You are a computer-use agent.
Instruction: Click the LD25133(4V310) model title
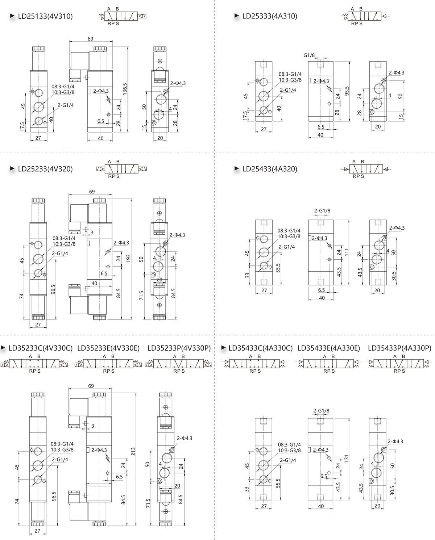pos(45,16)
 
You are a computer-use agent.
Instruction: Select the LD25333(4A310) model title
pos(270,16)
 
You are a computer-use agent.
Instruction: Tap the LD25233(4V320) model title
pos(45,169)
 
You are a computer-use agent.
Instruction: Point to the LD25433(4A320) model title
pos(270,169)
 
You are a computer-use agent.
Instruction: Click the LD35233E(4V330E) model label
pos(108,348)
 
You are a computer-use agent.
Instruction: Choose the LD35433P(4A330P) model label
pos(399,348)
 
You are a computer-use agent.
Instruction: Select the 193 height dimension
pos(128,258)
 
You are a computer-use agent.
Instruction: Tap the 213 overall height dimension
pos(133,451)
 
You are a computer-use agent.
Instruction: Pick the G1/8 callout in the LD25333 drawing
pos(309,55)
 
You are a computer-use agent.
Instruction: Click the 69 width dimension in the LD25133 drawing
pos(90,39)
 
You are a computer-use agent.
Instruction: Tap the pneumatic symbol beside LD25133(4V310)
pos(123,16)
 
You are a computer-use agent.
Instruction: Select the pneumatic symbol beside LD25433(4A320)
pos(366,169)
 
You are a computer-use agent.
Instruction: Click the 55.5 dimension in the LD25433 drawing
pos(278,268)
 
